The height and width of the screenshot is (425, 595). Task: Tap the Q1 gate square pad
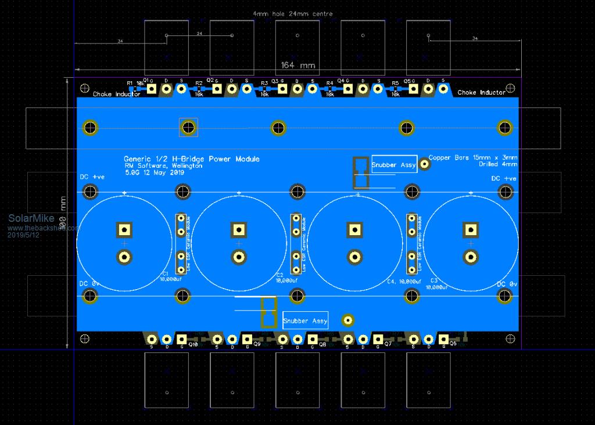152,89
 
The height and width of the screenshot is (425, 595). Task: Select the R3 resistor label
264,83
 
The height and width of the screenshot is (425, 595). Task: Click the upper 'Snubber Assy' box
394,165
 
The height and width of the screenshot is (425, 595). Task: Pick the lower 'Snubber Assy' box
305,320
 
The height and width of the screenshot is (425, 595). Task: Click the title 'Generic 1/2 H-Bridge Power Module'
192,159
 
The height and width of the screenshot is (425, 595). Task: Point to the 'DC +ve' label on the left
92,177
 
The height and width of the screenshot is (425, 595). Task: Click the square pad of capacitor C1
124,229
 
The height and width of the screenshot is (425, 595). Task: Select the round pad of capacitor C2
238,256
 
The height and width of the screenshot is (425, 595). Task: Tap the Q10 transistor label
193,345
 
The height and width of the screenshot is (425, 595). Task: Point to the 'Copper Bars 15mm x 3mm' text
473,157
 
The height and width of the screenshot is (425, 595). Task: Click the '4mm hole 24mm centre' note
293,13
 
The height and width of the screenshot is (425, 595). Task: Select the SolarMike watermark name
31,219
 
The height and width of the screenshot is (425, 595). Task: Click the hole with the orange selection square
188,127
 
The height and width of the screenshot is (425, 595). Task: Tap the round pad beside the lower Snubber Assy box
348,320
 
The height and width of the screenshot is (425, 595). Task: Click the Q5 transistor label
409,81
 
